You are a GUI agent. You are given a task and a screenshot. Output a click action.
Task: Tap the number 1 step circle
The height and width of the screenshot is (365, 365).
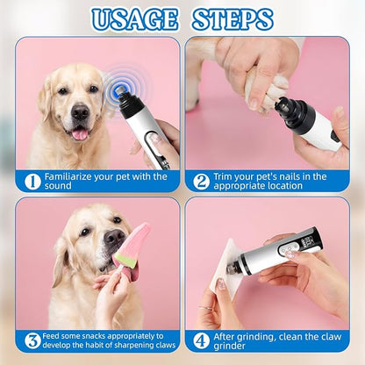tap(32, 182)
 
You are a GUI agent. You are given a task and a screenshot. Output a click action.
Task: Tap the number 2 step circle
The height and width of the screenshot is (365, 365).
tap(201, 182)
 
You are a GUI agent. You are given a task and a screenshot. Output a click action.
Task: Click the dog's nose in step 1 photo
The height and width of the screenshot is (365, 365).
tap(80, 111)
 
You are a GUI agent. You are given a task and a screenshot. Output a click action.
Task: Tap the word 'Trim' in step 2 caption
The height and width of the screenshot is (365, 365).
tap(228, 176)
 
